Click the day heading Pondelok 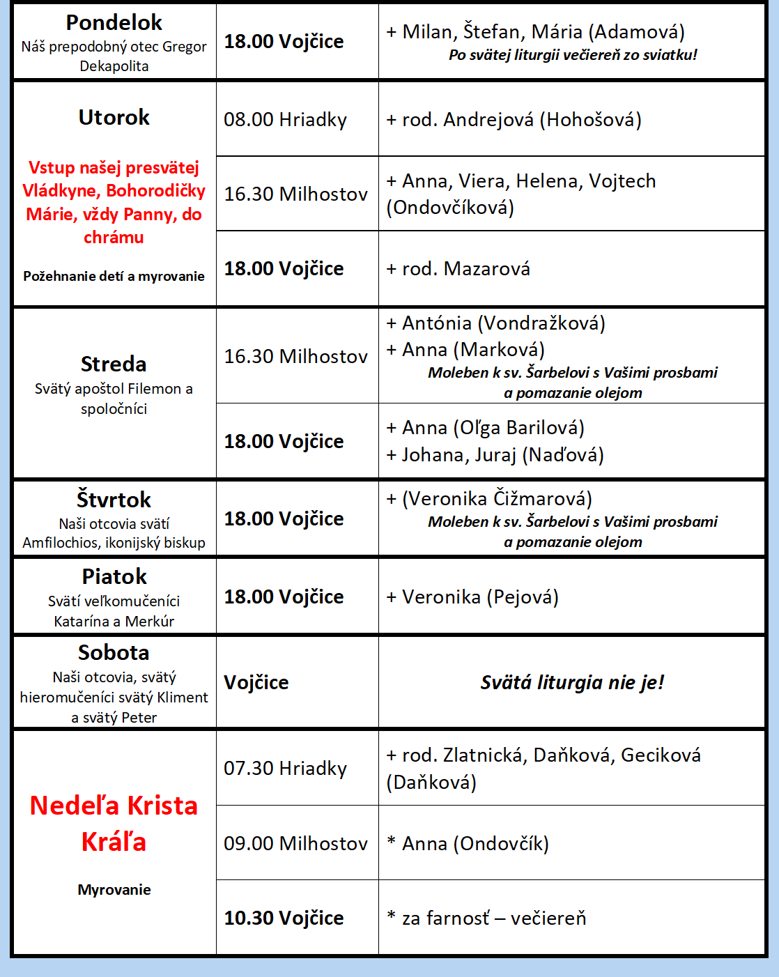[114, 22]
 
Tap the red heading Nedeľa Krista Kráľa [114, 823]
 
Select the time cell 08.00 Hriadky [285, 119]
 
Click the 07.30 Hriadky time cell [285, 768]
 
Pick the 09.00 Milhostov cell [295, 843]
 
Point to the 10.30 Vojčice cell [284, 918]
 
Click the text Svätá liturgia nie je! [572, 682]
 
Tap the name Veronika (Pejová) [480, 597]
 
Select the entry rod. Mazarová [465, 268]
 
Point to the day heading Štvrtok [114, 500]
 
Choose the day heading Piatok [114, 576]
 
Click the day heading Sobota [114, 652]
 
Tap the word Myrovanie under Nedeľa [114, 890]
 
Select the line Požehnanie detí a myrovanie [114, 276]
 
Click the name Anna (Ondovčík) [475, 843]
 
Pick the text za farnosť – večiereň [494, 918]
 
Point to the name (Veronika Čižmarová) [497, 498]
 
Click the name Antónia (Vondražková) [503, 323]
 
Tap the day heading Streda [114, 364]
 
